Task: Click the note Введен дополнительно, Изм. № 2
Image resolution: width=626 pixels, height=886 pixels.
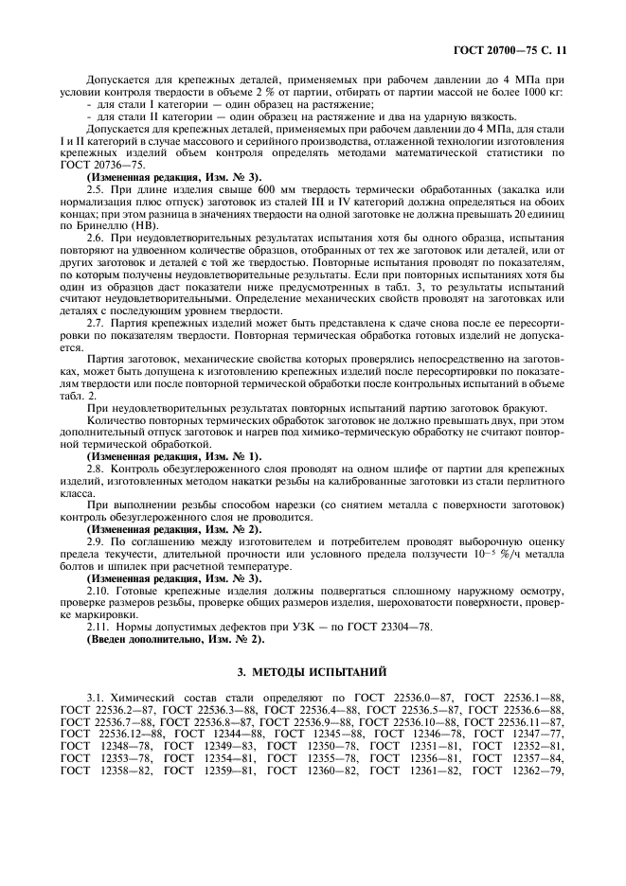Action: coord(175,640)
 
